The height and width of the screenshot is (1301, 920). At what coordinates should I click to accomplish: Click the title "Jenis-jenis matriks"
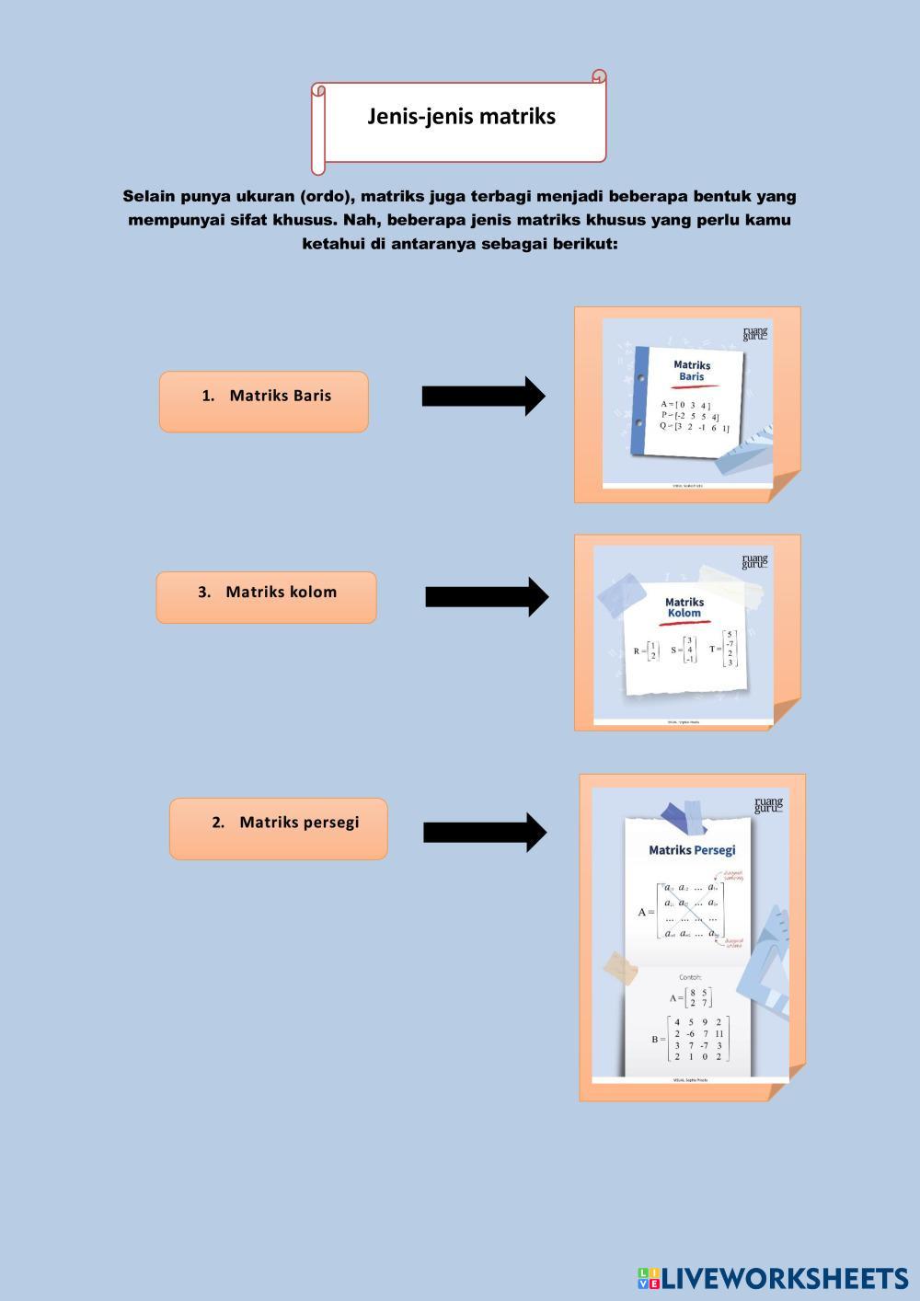[x=461, y=117]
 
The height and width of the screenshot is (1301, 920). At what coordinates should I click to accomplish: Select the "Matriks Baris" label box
[x=264, y=401]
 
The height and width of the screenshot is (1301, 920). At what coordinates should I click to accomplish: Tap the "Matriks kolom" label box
[x=266, y=597]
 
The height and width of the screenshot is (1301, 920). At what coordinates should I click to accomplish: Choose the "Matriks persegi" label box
[x=278, y=828]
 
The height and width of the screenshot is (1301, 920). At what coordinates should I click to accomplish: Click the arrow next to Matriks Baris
[x=483, y=396]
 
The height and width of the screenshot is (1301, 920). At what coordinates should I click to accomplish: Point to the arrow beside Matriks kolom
[x=487, y=596]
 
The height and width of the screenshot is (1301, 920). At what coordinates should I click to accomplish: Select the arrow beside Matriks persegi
[x=485, y=833]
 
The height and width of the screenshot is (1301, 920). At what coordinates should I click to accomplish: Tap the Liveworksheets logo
[x=772, y=1277]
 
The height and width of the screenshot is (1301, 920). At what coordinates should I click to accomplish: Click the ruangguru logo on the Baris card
[x=754, y=333]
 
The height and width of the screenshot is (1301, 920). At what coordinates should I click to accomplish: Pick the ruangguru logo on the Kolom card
[x=754, y=561]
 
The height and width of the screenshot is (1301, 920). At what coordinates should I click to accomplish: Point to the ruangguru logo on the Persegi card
[x=767, y=805]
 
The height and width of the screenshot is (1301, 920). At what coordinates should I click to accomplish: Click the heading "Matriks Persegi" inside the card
[x=692, y=850]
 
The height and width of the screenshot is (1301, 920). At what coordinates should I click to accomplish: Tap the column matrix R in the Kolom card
[x=647, y=650]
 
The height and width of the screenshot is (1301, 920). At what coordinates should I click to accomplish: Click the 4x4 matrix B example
[x=691, y=1039]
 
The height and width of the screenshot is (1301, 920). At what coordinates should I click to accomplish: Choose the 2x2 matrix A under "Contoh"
[x=691, y=997]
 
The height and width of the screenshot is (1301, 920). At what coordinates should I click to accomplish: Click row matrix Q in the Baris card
[x=695, y=427]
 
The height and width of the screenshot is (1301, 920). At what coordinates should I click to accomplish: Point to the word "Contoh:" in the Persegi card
[x=690, y=977]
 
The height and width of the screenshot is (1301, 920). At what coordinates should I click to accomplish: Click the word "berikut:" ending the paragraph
[x=579, y=244]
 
